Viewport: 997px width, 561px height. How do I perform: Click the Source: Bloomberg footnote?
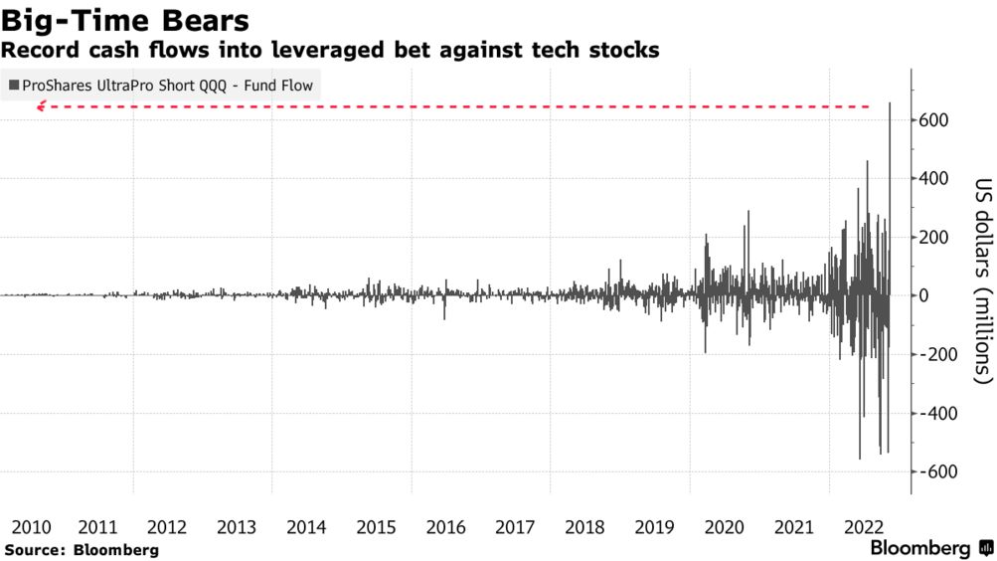(x=82, y=549)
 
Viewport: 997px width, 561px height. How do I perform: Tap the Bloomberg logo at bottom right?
(x=930, y=548)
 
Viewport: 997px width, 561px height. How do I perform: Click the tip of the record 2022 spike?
(x=890, y=103)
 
